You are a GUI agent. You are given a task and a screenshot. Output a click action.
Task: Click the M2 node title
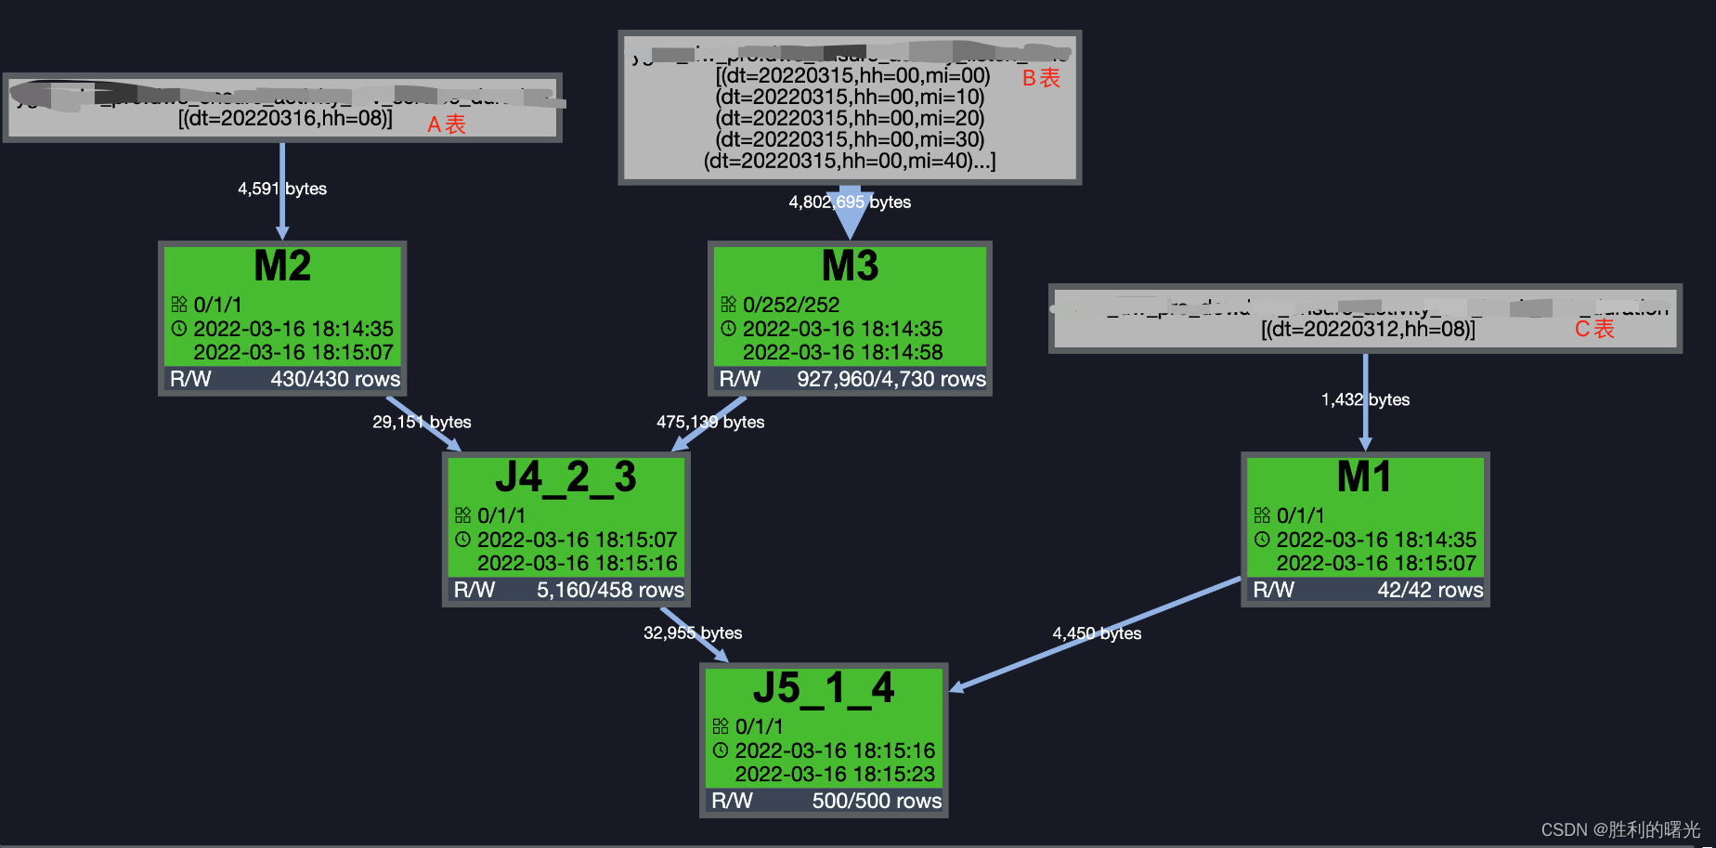pos(282,267)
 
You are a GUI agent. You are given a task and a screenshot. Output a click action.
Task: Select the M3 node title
pos(850,267)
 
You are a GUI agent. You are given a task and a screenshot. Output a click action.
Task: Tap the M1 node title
pos(1364,477)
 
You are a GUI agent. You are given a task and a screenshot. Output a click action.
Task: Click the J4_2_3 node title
pos(565,477)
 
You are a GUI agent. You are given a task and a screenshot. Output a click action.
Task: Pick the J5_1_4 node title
pos(824,688)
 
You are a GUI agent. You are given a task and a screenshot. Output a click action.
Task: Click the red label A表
pos(447,124)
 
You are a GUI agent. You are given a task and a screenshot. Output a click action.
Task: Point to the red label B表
pos(1041,78)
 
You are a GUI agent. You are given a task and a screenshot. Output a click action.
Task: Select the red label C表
pos(1594,329)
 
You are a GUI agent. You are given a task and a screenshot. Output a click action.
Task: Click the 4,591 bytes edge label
pos(282,189)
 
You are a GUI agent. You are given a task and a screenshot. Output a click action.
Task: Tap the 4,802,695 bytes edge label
pos(850,202)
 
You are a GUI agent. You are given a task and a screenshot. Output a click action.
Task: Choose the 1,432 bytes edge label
pos(1365,399)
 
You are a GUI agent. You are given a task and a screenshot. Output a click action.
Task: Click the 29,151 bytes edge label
pos(422,422)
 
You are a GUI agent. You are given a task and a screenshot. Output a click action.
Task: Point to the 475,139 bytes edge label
pos(710,422)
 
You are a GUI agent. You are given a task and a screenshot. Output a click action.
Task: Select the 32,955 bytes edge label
pos(693,633)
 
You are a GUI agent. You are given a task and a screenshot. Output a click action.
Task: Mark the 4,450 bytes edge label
pos(1097,633)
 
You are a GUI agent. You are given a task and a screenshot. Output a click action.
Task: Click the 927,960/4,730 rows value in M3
pos(890,379)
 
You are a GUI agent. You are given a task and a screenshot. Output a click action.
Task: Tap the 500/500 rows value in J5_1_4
pos(877,801)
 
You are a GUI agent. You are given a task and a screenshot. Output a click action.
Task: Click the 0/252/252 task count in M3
pos(791,305)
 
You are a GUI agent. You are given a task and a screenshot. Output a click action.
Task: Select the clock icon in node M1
pos(1262,540)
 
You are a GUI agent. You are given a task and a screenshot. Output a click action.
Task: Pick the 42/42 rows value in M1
pos(1430,590)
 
